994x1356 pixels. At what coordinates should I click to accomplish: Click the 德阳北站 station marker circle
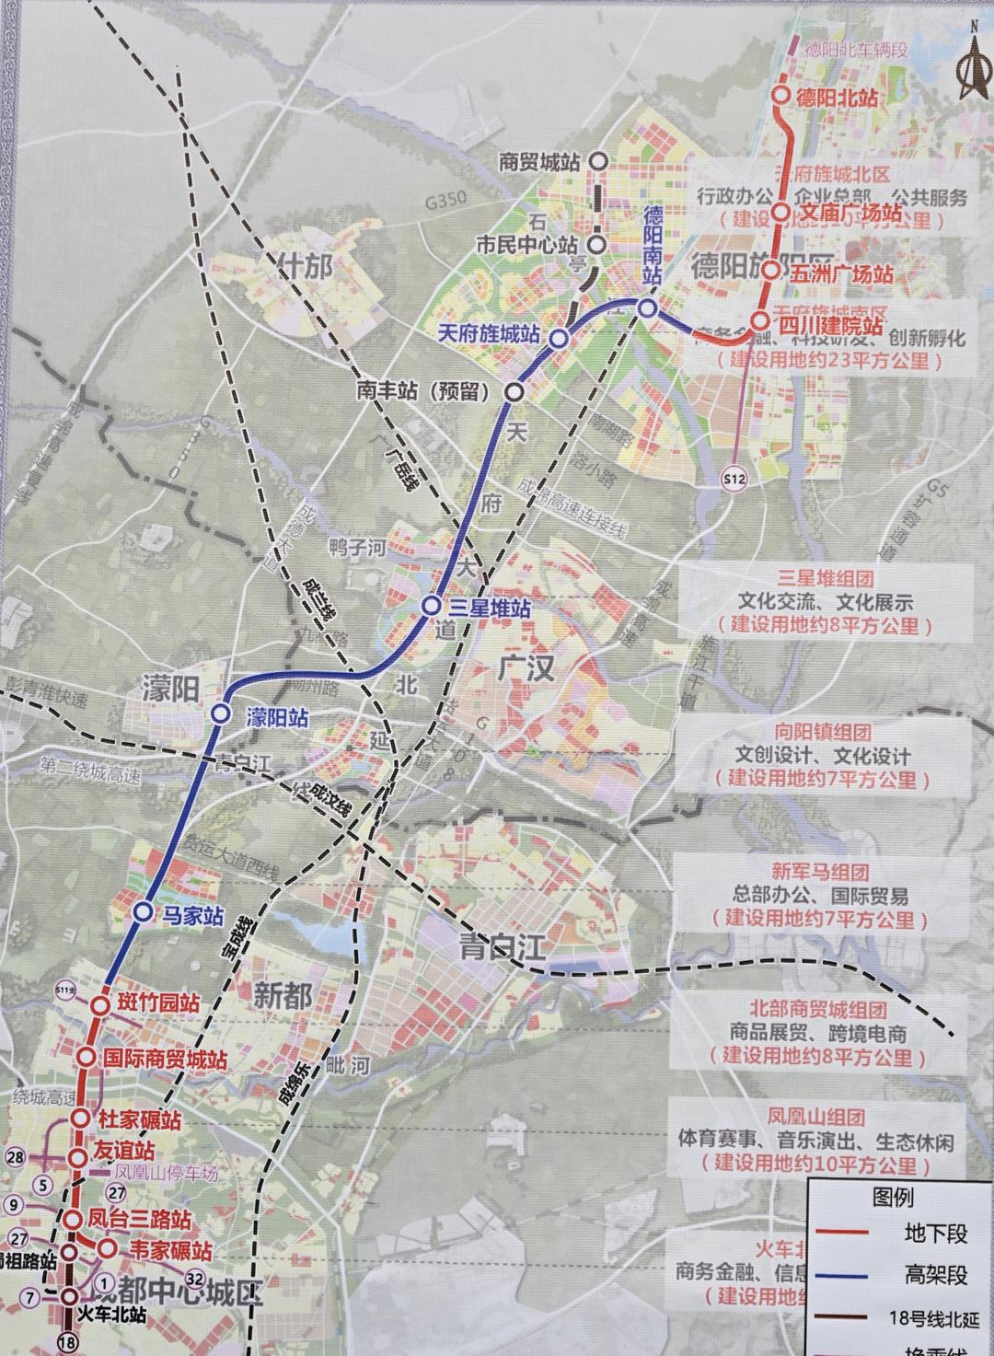tap(781, 95)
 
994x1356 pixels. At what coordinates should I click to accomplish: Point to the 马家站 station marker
tap(143, 911)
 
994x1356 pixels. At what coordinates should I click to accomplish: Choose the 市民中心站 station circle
tap(596, 245)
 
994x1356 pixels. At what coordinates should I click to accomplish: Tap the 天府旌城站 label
tap(488, 333)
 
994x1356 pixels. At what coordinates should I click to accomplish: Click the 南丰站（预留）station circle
tap(514, 392)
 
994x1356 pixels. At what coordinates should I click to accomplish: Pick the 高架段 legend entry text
tap(935, 1275)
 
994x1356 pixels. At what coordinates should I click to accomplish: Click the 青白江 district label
tap(502, 945)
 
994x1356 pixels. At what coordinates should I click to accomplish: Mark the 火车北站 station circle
tap(69, 1296)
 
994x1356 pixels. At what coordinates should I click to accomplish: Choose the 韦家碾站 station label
tap(170, 1250)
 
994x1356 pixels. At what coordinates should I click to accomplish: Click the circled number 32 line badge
tap(194, 1278)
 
